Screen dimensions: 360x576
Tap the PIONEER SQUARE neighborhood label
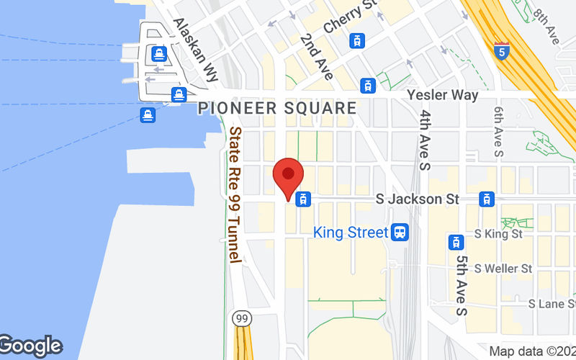[x=277, y=109]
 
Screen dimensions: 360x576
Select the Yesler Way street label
[x=442, y=95]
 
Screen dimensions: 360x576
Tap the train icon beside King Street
[x=400, y=233]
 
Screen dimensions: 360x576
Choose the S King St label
[x=499, y=234]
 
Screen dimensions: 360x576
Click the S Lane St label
[x=550, y=304]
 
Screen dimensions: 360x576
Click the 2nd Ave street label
[x=318, y=56]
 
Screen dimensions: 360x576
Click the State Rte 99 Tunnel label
[x=235, y=194]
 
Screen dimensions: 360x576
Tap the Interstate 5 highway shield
[x=502, y=50]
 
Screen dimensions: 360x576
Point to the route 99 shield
[x=240, y=317]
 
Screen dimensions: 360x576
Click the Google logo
[x=30, y=346]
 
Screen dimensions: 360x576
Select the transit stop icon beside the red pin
[x=304, y=199]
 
